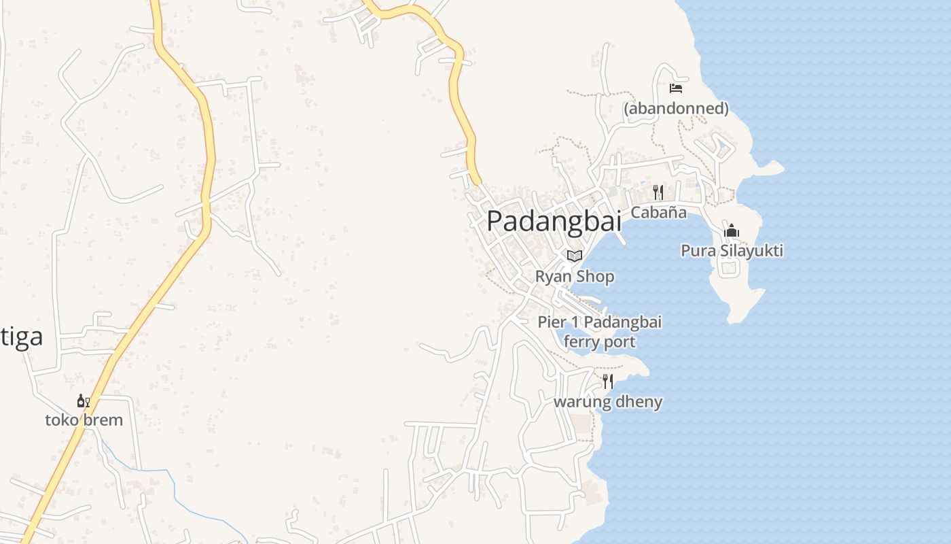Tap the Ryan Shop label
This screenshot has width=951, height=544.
(x=575, y=277)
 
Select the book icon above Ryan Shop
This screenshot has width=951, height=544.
(x=575, y=256)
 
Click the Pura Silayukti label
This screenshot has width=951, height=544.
(x=732, y=251)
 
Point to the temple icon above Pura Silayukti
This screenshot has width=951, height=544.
(x=732, y=231)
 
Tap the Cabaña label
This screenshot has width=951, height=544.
(x=658, y=212)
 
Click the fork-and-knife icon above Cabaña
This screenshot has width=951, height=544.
(x=658, y=192)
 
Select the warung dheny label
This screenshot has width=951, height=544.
(x=608, y=402)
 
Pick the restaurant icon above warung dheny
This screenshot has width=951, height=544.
(x=608, y=381)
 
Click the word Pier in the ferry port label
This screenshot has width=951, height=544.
(x=551, y=322)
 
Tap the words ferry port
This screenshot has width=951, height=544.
(x=600, y=341)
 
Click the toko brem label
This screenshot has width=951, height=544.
(x=84, y=420)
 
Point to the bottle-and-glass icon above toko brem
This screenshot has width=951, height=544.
(x=84, y=401)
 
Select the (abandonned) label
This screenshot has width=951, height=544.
(x=676, y=108)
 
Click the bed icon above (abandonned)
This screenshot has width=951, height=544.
(x=675, y=88)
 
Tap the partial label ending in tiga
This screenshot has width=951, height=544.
(x=22, y=337)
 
